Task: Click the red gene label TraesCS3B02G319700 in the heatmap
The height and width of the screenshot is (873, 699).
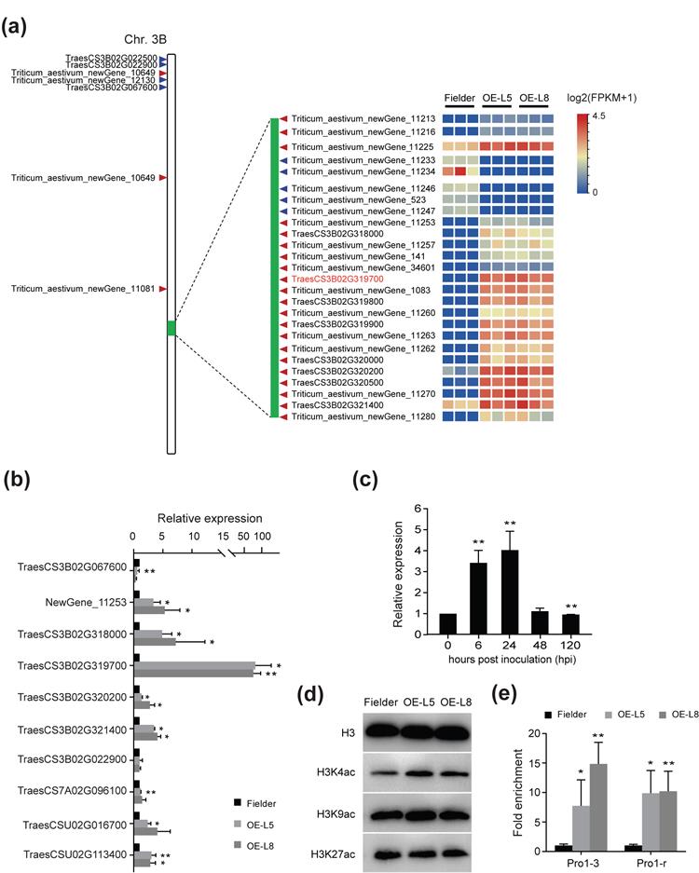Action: (338, 279)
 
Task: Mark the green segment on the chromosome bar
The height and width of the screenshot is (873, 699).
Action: (171, 328)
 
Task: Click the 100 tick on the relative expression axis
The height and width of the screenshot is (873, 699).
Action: (264, 537)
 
